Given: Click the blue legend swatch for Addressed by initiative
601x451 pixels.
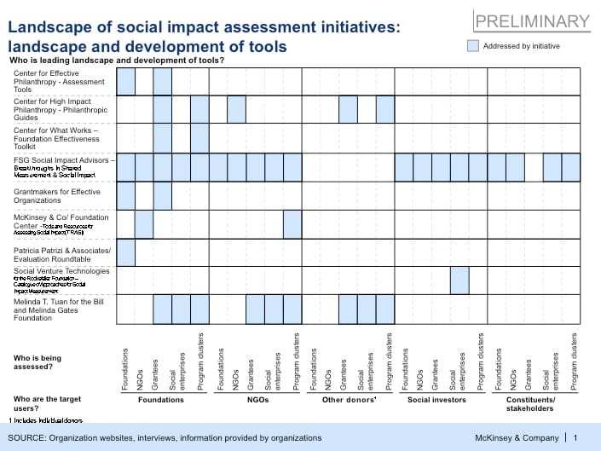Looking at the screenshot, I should pyautogui.click(x=473, y=46).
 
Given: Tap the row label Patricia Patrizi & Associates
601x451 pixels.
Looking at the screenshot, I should pyautogui.click(x=62, y=253).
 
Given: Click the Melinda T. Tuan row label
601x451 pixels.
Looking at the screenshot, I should pyautogui.click(x=62, y=309).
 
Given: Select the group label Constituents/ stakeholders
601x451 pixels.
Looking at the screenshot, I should pyautogui.click(x=531, y=403).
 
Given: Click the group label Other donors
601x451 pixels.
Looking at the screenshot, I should pyautogui.click(x=349, y=399).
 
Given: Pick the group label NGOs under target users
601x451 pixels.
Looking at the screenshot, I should pyautogui.click(x=257, y=399).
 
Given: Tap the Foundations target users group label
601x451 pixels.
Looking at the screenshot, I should pyautogui.click(x=161, y=399).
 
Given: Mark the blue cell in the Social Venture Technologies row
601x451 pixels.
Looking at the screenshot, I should pyautogui.click(x=459, y=280).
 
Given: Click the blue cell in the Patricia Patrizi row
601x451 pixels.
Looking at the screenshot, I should pyautogui.click(x=125, y=252).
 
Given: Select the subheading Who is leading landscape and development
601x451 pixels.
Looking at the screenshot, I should pyautogui.click(x=116, y=61).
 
